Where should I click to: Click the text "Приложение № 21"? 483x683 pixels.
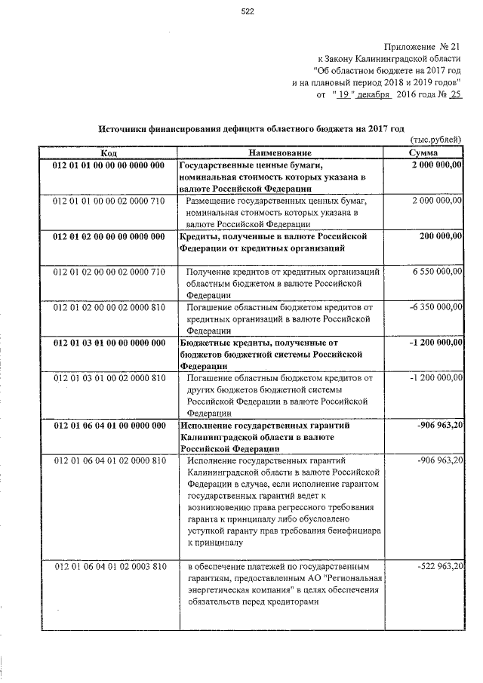click(x=420, y=48)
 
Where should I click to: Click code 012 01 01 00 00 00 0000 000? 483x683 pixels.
click(x=109, y=165)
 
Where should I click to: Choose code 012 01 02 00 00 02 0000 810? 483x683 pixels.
click(x=109, y=307)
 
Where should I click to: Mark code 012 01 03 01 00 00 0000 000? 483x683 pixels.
click(x=109, y=343)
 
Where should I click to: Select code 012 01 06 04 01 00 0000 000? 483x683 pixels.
click(x=109, y=426)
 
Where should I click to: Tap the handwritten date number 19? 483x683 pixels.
click(x=344, y=94)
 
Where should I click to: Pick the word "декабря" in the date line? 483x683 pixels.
click(x=374, y=94)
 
